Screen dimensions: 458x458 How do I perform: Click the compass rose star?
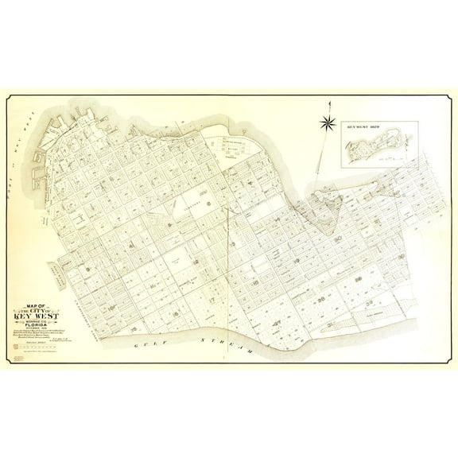point(326,122)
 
